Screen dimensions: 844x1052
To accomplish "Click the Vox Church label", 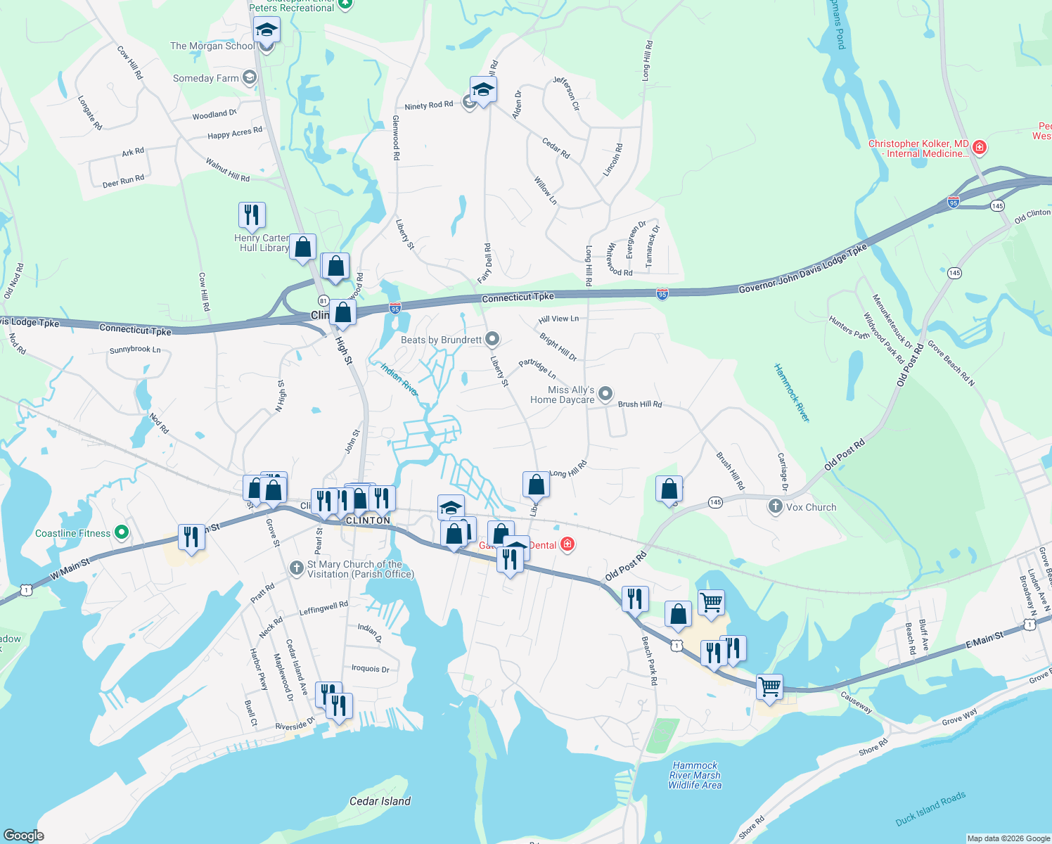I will (x=811, y=507).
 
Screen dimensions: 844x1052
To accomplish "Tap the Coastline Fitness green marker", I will (x=122, y=532).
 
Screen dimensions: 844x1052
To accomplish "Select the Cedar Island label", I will (x=380, y=801).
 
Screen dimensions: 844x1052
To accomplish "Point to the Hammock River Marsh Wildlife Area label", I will (x=695, y=775).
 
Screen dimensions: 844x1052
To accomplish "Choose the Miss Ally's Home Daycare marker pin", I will (x=605, y=394).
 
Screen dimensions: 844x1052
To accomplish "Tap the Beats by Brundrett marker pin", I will (x=492, y=339).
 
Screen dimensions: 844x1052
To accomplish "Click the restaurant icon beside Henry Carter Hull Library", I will (x=252, y=215).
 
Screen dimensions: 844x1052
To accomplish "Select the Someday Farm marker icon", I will (x=249, y=77).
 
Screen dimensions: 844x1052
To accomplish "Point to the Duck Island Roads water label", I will (x=930, y=809).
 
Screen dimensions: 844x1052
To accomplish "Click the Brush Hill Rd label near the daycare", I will (x=639, y=404).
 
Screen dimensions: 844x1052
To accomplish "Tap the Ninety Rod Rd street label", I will (x=429, y=105).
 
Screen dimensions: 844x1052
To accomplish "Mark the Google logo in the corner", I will (x=24, y=835).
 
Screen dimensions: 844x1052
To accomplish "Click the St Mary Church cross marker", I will (x=297, y=567).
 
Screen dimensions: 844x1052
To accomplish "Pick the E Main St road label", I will (x=984, y=639).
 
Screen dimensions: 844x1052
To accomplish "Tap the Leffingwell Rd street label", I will (x=323, y=608).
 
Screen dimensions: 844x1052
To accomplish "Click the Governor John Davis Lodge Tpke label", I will (x=803, y=270).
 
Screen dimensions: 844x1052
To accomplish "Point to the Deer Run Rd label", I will (x=123, y=181).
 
